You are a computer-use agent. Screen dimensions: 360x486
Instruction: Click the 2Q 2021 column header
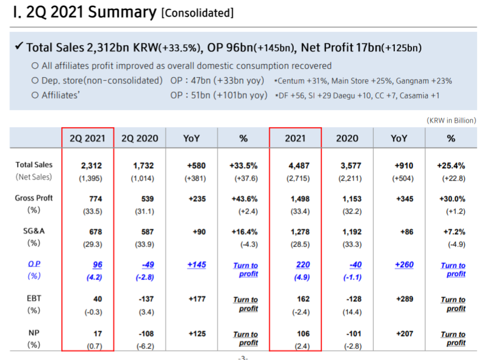tap(88, 138)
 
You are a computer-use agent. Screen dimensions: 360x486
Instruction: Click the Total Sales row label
tap(33, 165)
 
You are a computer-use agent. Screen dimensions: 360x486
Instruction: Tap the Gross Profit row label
tap(33, 198)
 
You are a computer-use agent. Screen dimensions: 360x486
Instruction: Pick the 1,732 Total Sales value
tap(143, 165)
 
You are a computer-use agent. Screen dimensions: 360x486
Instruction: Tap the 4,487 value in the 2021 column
tap(300, 165)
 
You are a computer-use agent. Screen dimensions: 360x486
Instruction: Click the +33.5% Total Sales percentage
tap(246, 165)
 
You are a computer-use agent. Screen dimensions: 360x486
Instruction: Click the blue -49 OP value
tap(148, 265)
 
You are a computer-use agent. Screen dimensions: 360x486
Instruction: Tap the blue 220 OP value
tap(303, 265)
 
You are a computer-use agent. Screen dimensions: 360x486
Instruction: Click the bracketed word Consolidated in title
tap(197, 13)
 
